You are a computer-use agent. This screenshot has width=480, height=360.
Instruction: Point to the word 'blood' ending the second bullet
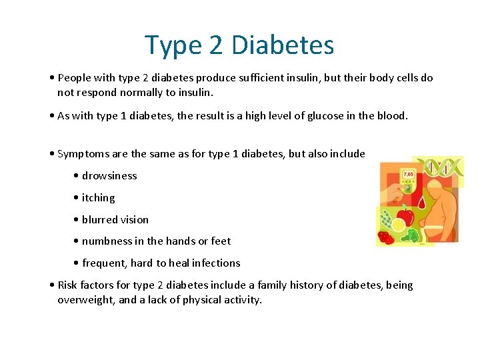(391, 116)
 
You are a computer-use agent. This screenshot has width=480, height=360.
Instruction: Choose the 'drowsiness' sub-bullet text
(109, 176)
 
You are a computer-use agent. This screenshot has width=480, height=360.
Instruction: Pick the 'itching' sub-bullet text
(98, 198)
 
